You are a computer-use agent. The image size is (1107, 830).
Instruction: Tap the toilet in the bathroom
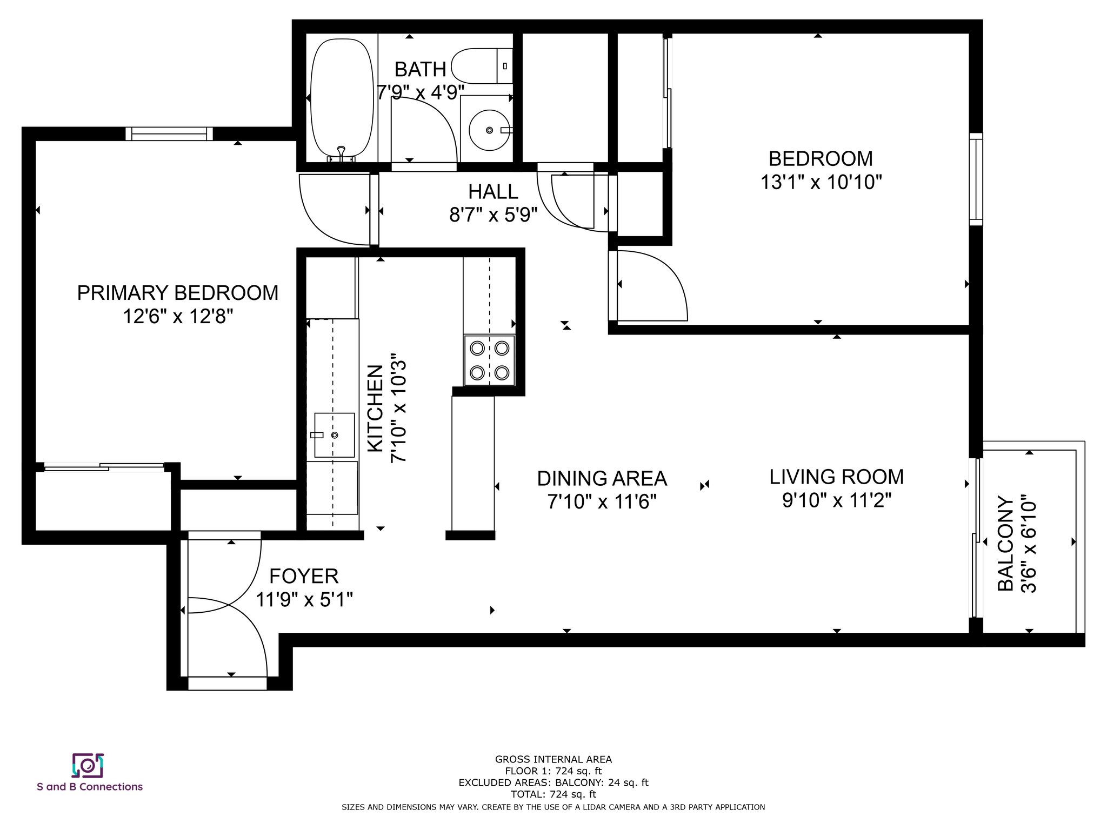coord(482,66)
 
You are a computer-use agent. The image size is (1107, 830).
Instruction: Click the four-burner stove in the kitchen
coord(489,360)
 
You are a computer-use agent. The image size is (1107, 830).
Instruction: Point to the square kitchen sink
coord(334,435)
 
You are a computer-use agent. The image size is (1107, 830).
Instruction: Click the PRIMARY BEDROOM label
coord(177,293)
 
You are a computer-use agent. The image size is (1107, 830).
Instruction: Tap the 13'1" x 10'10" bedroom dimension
coord(821,182)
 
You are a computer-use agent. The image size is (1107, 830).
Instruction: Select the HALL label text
coord(493,191)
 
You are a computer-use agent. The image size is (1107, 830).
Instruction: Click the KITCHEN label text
coord(375,409)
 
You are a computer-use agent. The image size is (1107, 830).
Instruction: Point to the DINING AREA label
coord(602,478)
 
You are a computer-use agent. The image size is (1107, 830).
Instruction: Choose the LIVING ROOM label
coord(837,477)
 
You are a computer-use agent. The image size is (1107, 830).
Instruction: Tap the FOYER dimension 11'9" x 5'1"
coord(304,599)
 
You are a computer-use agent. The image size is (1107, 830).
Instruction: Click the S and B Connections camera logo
coord(88,765)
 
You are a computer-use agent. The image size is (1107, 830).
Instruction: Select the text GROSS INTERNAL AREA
coord(553,759)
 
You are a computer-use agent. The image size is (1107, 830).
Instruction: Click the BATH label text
coord(421,69)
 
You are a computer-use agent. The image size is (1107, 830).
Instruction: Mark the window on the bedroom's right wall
coord(976,179)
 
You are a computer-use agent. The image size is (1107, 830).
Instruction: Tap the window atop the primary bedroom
coord(169,133)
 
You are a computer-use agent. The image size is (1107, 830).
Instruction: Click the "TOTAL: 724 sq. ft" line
coord(553,794)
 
